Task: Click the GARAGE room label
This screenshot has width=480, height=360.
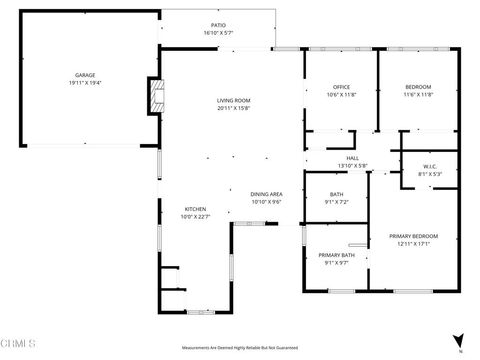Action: coord(84,75)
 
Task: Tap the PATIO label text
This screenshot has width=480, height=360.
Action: coord(218,25)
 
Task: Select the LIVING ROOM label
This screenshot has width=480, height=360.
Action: coord(234,101)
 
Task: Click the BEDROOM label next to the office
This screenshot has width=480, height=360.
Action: coord(418,86)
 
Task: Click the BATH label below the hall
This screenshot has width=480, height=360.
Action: coord(337,196)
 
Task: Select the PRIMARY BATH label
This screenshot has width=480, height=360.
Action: coord(336,256)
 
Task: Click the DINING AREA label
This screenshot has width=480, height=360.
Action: coord(266,194)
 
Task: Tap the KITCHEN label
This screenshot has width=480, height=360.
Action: coord(194,209)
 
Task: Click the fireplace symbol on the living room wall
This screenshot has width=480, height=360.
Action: coord(155,96)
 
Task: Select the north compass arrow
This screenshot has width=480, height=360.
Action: coord(459,340)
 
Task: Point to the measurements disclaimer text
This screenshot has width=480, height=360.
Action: coord(237,349)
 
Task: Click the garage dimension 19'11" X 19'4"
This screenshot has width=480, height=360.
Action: coord(84,82)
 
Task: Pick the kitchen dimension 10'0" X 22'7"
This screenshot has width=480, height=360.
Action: coord(194,216)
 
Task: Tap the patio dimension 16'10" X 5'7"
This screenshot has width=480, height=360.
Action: coord(218,32)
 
